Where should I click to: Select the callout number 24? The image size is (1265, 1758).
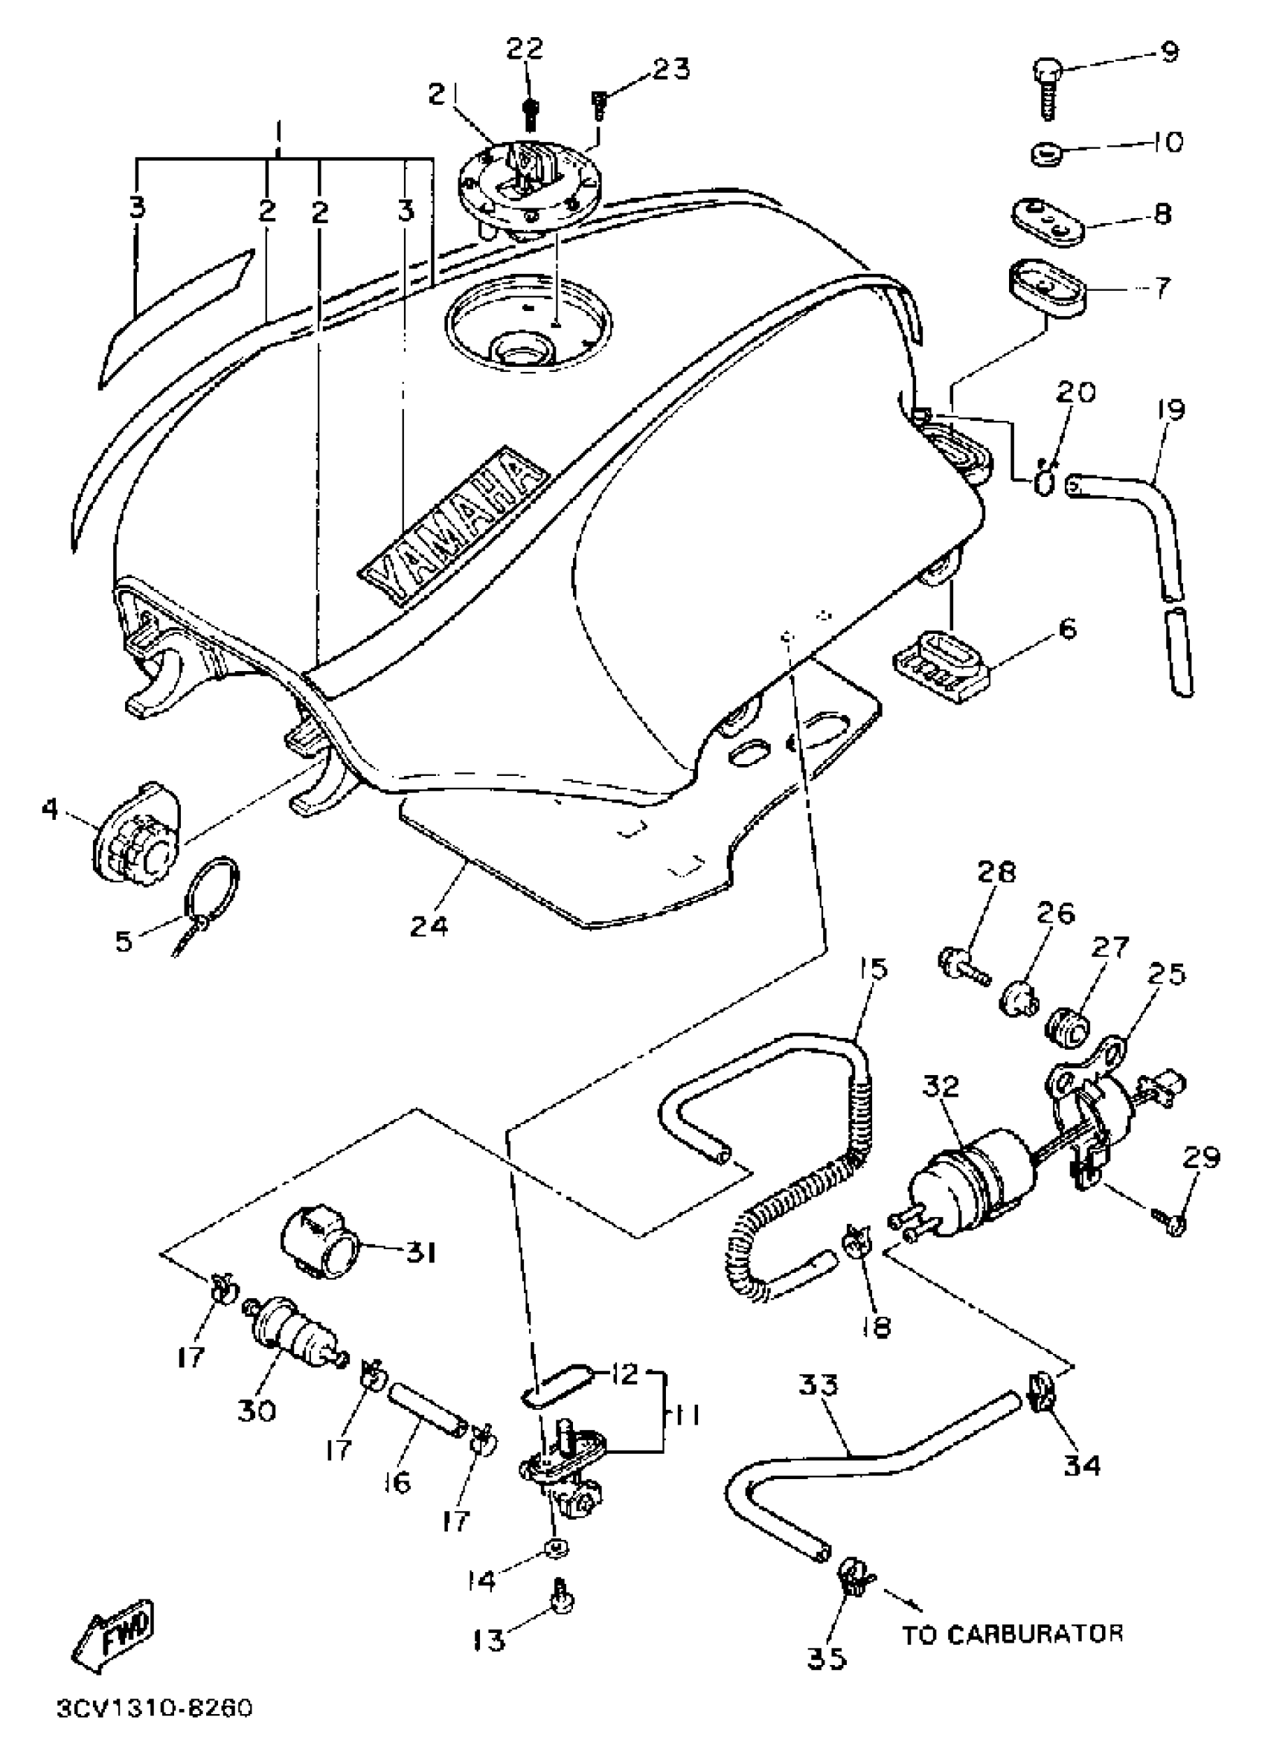tap(429, 925)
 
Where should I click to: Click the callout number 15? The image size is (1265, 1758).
tap(873, 969)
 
